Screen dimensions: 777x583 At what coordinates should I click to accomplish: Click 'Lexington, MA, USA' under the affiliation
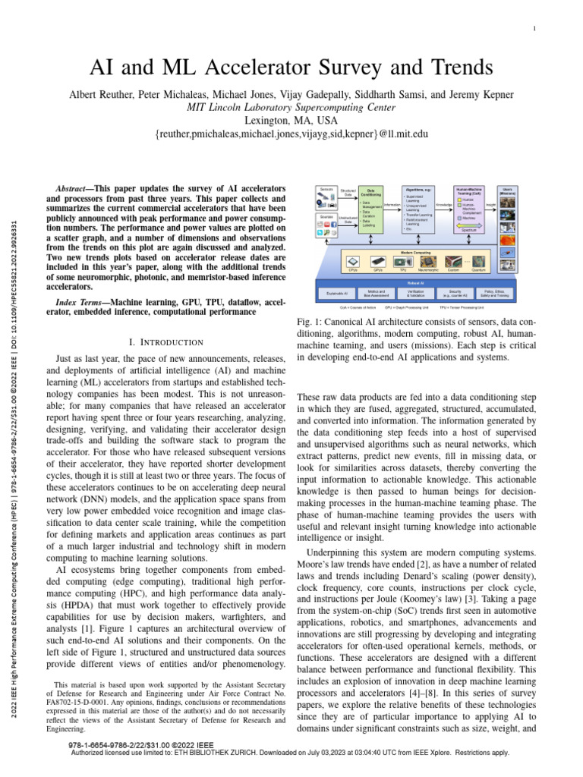pyautogui.click(x=291, y=120)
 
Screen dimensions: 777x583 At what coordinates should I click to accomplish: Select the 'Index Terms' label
pyautogui.click(x=82, y=303)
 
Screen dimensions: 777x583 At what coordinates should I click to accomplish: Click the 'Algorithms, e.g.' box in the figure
pyautogui.click(x=418, y=209)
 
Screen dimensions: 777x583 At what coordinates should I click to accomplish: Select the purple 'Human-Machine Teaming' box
pyautogui.click(x=468, y=209)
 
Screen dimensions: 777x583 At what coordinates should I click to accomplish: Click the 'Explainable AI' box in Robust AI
pyautogui.click(x=337, y=292)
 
